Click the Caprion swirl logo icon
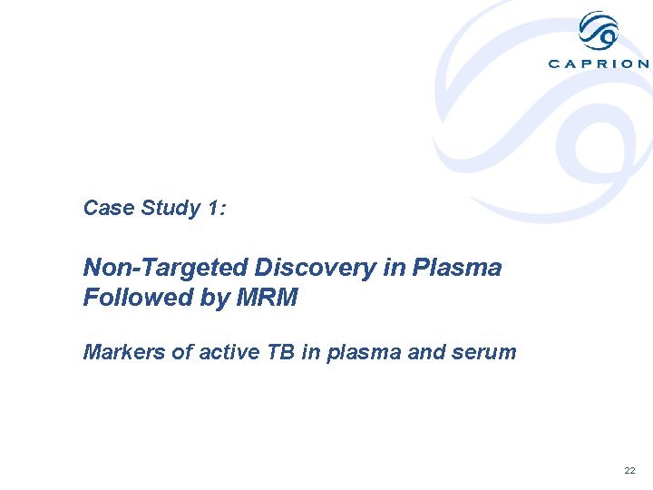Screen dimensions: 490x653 point(599,31)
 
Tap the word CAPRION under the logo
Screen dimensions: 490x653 point(599,64)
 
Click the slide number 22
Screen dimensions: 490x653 point(629,471)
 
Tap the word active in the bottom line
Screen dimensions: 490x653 point(218,352)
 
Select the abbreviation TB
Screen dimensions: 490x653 point(277,352)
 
